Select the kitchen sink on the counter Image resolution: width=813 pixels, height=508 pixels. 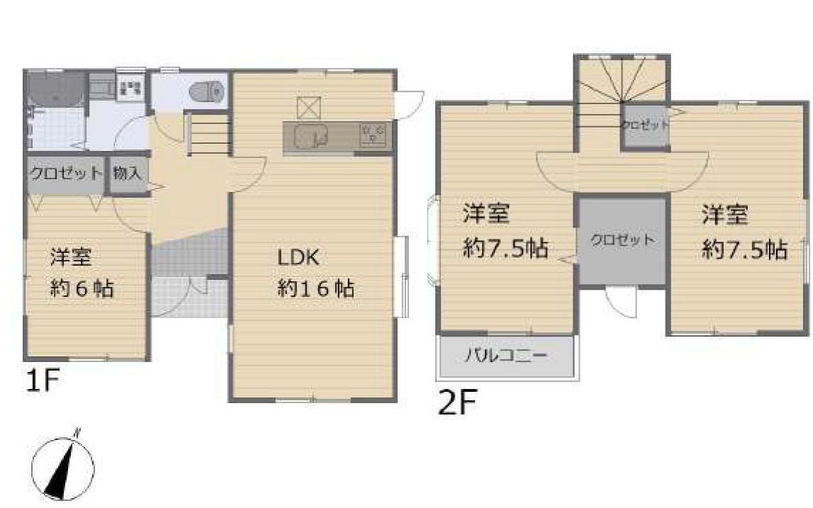309,135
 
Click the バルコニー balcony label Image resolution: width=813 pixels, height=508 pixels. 505,356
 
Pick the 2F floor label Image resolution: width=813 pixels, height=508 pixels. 456,403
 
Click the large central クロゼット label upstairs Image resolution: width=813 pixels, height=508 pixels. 622,239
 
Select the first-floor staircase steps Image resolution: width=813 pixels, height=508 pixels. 211,135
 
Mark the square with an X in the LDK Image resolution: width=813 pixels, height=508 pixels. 309,107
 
